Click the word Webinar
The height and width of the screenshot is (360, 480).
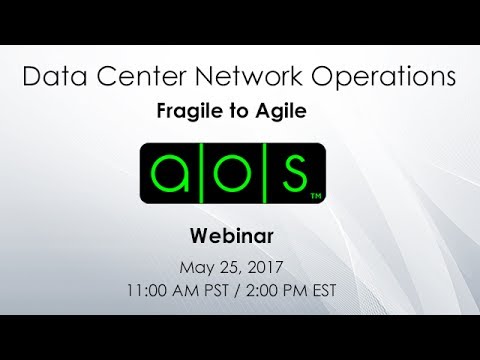pos(240,238)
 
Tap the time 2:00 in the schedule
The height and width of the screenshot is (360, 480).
pos(276,292)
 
